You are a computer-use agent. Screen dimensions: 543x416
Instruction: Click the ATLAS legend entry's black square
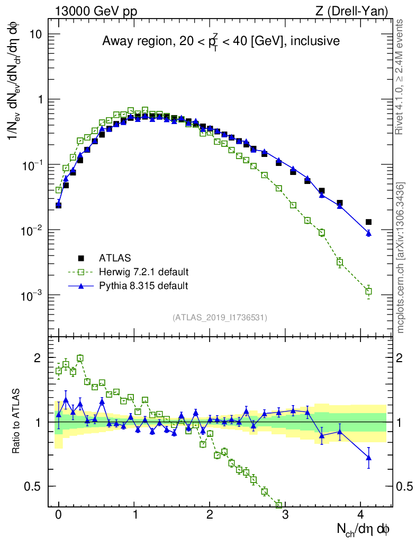(81, 258)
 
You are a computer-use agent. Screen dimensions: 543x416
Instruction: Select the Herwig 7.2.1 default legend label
(144, 272)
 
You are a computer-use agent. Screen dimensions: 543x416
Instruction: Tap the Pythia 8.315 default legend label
(143, 286)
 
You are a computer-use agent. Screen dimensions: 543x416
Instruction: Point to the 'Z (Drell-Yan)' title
(358, 10)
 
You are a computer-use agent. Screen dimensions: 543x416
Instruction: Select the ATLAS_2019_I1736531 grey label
(220, 318)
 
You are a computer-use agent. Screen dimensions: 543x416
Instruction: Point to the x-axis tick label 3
(285, 515)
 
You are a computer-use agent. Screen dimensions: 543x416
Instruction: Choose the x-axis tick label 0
(58, 515)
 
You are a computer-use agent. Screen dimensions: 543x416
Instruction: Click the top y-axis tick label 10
(36, 34)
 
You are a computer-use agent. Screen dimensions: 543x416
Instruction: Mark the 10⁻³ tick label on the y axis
(33, 295)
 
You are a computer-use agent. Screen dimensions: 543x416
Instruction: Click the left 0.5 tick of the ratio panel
(35, 486)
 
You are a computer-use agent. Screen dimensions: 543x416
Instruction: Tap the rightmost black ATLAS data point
(368, 222)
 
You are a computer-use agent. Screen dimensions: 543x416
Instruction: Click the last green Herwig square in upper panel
(368, 291)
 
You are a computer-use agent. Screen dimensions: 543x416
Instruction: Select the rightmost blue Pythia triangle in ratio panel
(368, 457)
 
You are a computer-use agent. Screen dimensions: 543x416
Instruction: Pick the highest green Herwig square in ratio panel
(80, 358)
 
